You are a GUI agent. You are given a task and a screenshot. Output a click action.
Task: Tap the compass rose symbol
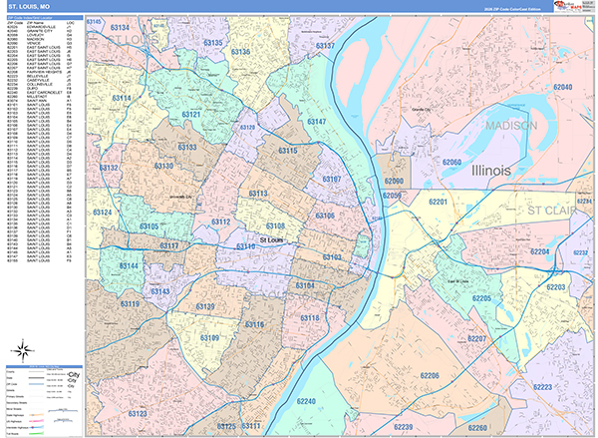tap(21, 349)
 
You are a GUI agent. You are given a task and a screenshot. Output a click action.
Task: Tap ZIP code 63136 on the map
tap(239, 51)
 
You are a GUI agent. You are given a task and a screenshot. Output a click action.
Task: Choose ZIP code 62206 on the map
tap(430, 374)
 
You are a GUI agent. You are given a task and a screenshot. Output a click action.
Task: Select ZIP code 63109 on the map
tap(182, 339)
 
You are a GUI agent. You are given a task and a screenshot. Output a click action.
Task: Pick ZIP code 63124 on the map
tap(102, 213)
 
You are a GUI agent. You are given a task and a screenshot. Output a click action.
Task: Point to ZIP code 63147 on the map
tap(317, 121)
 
